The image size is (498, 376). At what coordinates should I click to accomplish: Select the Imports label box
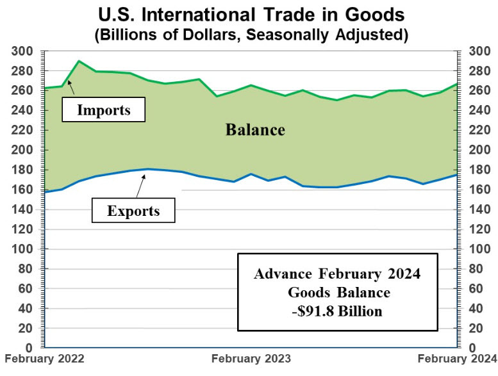(x=103, y=110)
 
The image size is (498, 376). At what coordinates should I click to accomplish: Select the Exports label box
(x=133, y=209)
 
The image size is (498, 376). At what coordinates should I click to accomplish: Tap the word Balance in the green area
(x=254, y=129)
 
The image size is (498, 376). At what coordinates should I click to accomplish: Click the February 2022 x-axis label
(x=44, y=358)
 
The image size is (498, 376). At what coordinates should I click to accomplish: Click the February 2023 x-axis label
(x=251, y=358)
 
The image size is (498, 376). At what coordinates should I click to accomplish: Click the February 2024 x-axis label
(x=458, y=358)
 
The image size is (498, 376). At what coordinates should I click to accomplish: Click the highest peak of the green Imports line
(x=78, y=61)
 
